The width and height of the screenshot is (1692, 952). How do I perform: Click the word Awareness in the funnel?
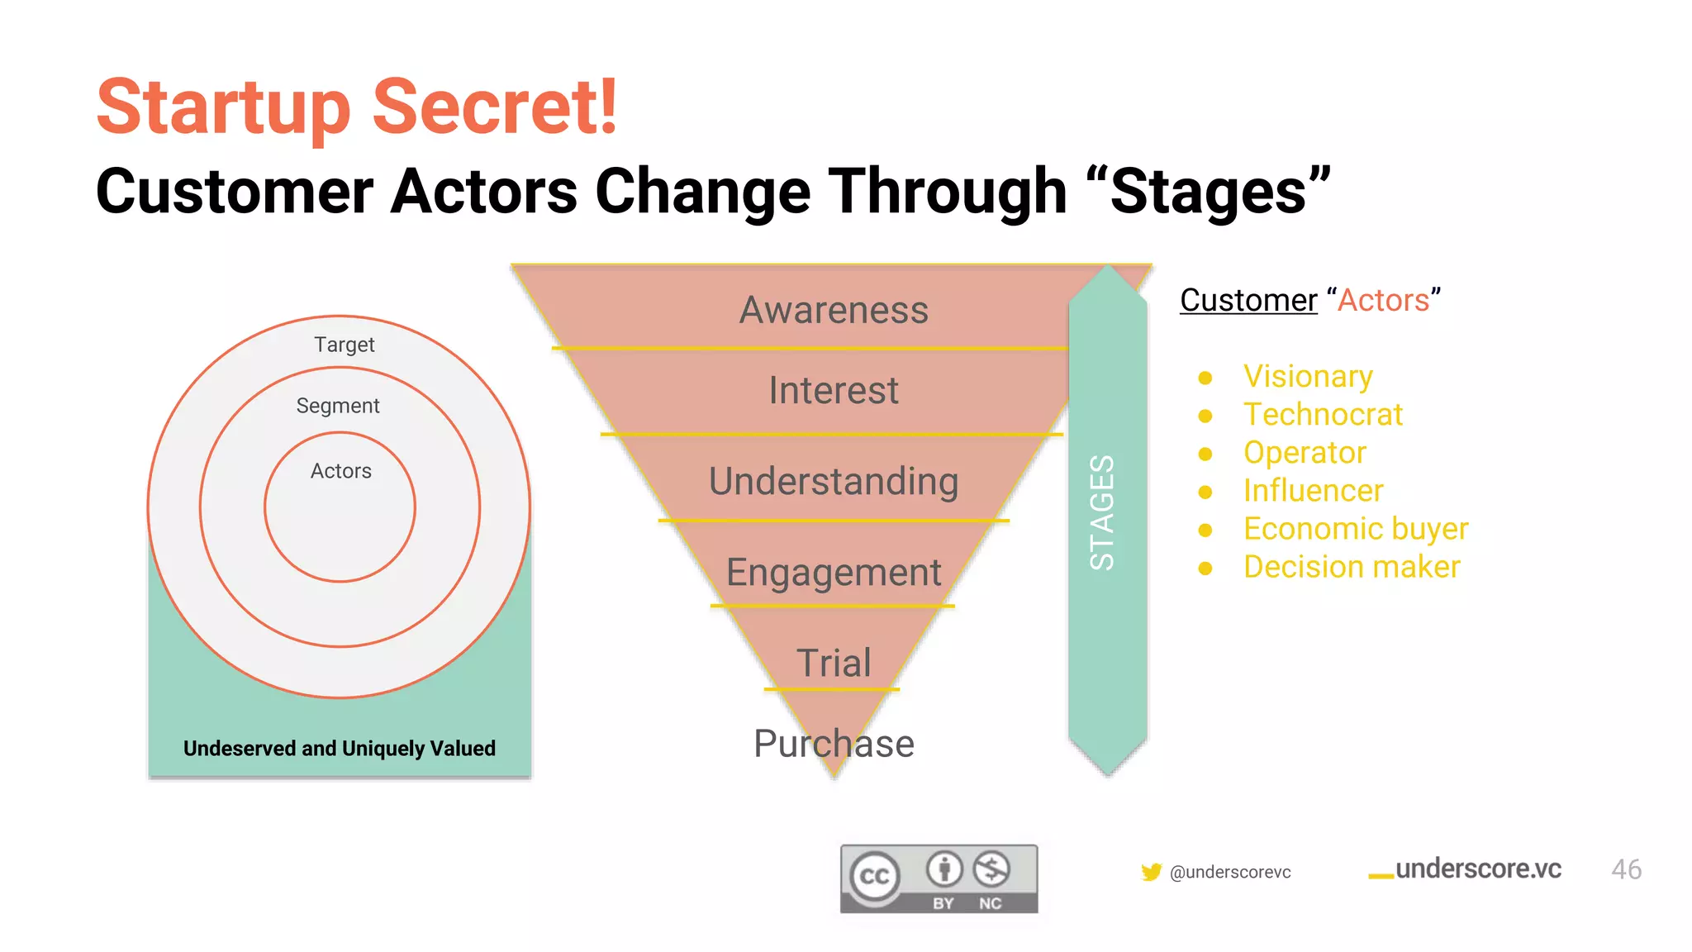click(x=834, y=310)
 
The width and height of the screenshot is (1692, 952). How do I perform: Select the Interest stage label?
click(x=834, y=390)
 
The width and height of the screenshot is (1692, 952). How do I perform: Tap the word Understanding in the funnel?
click(x=834, y=481)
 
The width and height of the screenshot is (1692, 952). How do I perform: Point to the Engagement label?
click(x=834, y=572)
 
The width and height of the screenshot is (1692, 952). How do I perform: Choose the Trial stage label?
click(x=834, y=663)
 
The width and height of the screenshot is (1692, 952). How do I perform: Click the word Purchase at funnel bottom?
click(x=834, y=744)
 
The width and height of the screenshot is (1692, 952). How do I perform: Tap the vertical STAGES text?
click(x=1102, y=512)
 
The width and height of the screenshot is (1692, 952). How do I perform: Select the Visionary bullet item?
click(x=1308, y=377)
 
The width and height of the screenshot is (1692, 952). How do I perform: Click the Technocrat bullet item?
click(x=1323, y=415)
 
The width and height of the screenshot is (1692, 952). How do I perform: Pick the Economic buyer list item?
click(x=1356, y=529)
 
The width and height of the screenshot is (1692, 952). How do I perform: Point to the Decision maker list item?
click(x=1352, y=567)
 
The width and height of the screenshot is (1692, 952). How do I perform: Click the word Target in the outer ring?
click(x=344, y=345)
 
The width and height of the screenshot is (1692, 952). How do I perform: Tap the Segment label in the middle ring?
click(x=338, y=406)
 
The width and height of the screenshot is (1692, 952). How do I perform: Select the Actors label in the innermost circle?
click(x=340, y=471)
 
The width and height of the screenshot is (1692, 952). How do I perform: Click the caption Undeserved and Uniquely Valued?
click(x=340, y=749)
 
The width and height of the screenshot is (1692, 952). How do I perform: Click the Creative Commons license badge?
click(x=939, y=878)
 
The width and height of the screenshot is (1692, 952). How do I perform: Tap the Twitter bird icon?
click(x=1151, y=872)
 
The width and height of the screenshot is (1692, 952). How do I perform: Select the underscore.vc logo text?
click(x=1477, y=869)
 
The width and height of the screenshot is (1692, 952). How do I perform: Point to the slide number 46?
click(x=1626, y=869)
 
